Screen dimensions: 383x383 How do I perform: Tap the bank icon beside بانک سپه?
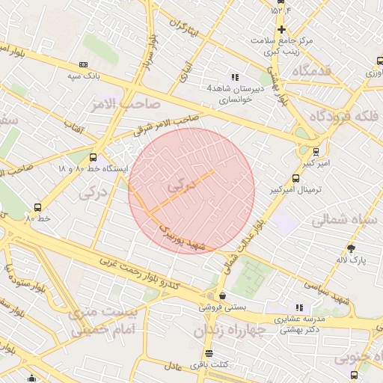click(83, 64)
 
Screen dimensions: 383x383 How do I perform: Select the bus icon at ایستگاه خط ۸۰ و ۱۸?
click(93, 158)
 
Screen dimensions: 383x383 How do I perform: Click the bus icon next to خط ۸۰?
click(37, 207)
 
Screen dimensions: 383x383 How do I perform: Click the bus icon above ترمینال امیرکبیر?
click(296, 179)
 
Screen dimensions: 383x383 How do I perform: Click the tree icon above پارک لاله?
click(352, 248)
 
